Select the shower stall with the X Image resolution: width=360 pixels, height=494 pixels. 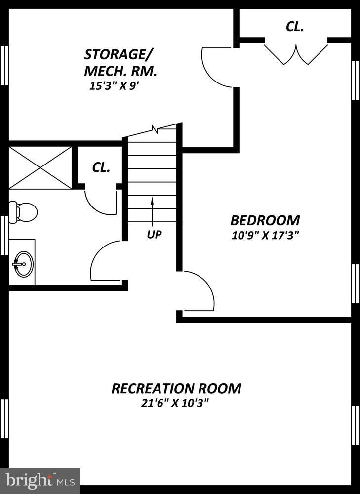[40, 168]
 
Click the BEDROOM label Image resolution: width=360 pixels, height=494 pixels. [265, 220]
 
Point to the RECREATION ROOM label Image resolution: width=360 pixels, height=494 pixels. [176, 388]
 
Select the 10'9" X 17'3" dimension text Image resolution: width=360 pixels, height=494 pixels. [265, 235]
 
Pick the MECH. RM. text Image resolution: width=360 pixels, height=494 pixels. [120, 71]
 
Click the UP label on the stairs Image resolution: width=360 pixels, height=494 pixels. [154, 235]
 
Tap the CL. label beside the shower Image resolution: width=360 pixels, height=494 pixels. [101, 167]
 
